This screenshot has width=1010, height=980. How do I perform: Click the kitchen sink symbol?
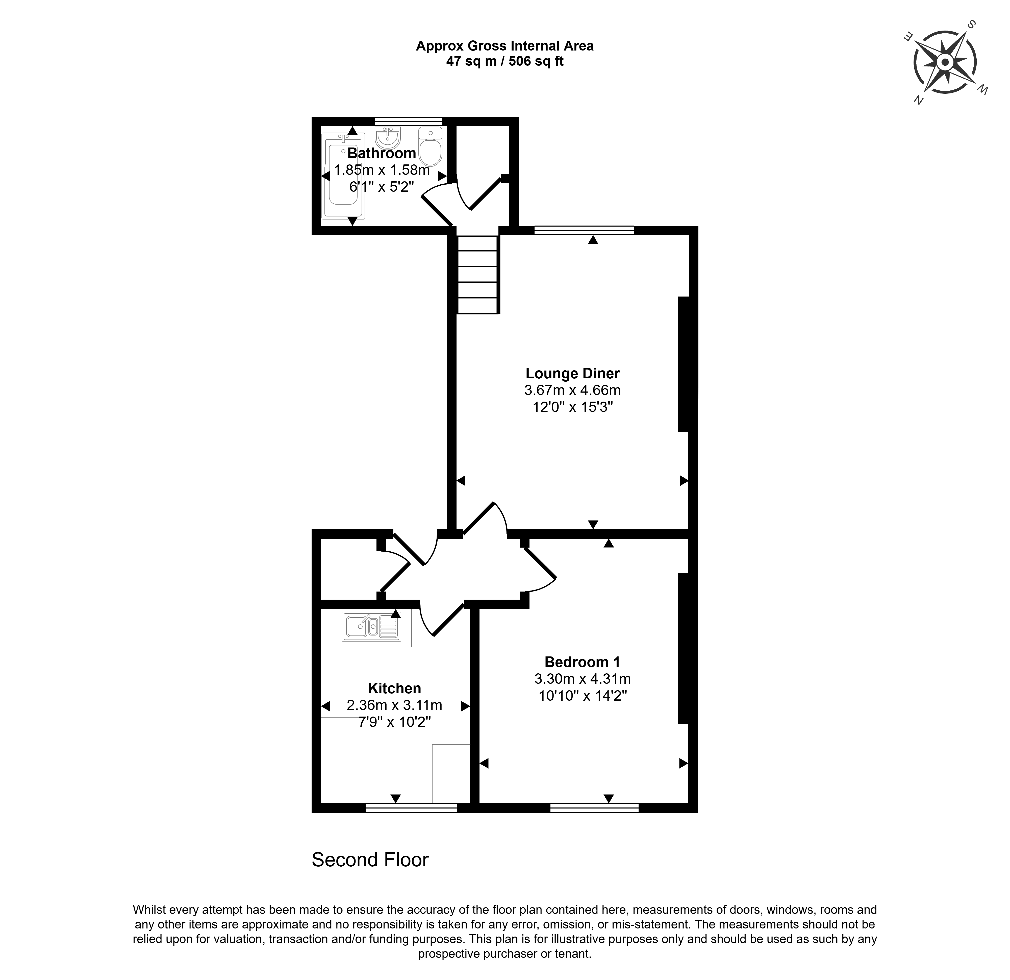(x=371, y=626)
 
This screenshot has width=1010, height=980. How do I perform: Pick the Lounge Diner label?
(x=572, y=373)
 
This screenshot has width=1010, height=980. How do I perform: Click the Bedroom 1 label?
(x=582, y=662)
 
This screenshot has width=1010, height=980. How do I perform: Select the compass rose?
(x=945, y=62)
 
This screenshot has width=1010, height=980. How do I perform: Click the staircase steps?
(x=478, y=274)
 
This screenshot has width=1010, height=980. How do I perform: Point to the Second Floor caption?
(x=370, y=859)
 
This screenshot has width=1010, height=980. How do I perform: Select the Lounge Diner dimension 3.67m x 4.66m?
(x=572, y=390)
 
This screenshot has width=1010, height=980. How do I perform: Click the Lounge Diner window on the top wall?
(x=584, y=230)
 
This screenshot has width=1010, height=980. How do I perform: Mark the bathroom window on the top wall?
(x=408, y=121)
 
